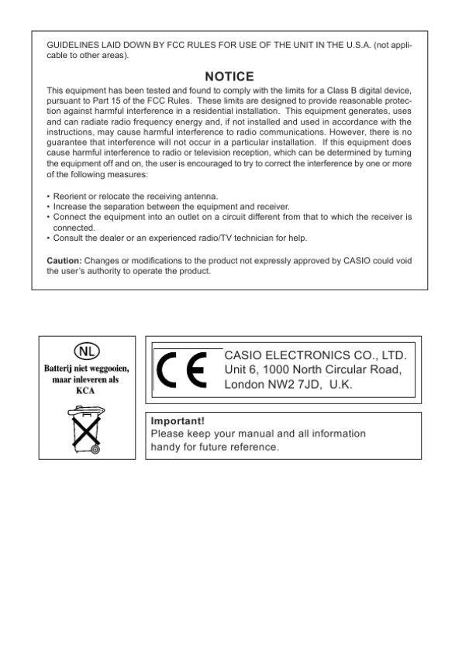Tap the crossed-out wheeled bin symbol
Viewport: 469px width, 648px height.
[x=86, y=430]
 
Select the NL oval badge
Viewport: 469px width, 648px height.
[x=85, y=348]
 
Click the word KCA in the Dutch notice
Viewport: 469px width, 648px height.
[x=86, y=392]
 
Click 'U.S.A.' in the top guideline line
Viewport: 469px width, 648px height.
[x=332, y=47]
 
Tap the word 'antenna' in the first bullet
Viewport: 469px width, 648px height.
[x=200, y=197]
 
